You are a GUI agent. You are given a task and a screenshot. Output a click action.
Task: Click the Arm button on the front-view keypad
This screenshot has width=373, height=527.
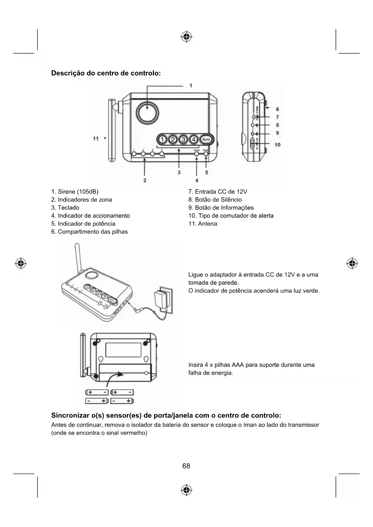pyautogui.click(x=206, y=140)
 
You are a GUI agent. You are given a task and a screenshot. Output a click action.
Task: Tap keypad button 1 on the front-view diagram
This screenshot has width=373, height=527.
pyautogui.click(x=162, y=140)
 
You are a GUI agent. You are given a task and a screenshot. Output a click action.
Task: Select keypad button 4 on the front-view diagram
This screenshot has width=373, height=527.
pyautogui.click(x=194, y=140)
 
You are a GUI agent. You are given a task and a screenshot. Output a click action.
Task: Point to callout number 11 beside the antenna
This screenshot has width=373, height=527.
pyautogui.click(x=96, y=139)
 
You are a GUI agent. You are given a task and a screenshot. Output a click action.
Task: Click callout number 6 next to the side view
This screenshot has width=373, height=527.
pyautogui.click(x=277, y=109)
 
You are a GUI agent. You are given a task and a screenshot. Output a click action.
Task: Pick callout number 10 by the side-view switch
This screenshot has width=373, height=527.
pyautogui.click(x=277, y=145)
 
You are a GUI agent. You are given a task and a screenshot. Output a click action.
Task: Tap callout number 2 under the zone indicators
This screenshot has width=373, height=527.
pyautogui.click(x=145, y=180)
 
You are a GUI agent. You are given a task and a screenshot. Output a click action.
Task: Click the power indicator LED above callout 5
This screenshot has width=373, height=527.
pyautogui.click(x=206, y=154)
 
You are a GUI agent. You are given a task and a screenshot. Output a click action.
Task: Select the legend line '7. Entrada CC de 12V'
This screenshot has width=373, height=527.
pyautogui.click(x=218, y=192)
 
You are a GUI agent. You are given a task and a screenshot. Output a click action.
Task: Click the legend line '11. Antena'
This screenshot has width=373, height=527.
pyautogui.click(x=203, y=224)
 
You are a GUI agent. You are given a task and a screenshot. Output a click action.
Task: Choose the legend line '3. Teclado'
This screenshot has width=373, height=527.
pyautogui.click(x=65, y=208)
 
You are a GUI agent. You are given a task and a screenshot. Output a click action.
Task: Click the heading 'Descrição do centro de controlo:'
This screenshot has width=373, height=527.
pyautogui.click(x=106, y=73)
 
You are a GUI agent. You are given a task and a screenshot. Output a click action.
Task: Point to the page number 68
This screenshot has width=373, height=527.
pyautogui.click(x=186, y=466)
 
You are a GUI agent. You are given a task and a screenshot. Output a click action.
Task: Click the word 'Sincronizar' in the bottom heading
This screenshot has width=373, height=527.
pyautogui.click(x=70, y=416)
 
